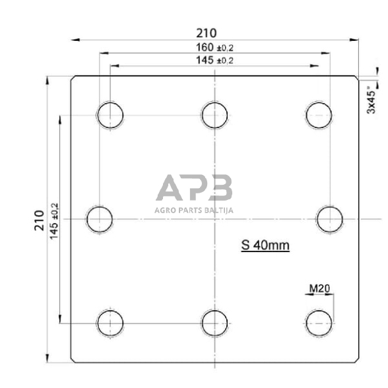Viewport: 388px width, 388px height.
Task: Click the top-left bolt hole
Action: (110, 115)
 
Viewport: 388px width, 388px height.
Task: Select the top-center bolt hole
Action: (215, 115)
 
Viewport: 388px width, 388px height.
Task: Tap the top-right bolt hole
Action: (319, 115)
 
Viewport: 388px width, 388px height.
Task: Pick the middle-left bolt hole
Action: (100, 218)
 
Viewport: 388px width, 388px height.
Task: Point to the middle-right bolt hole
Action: (329, 218)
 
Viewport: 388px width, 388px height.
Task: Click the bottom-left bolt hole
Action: (110, 323)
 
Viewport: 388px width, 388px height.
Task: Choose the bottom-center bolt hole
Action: (215, 323)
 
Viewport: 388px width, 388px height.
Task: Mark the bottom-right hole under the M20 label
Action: (319, 323)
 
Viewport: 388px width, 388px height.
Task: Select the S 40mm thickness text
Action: (265, 245)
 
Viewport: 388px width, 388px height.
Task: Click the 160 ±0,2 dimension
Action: (215, 48)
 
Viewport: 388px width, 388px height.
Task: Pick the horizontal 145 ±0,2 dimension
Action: (215, 60)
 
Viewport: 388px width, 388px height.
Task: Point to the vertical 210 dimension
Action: (39, 218)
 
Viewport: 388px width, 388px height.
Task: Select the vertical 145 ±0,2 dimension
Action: (53, 218)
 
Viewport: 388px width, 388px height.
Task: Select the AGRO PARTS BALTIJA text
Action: (194, 211)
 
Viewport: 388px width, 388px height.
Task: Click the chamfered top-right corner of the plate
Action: (357, 77)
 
